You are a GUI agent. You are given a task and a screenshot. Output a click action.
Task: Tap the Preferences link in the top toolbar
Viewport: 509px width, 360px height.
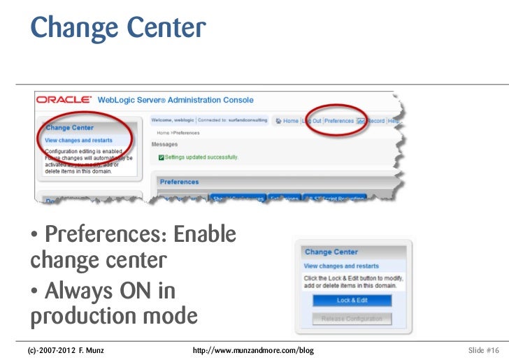[x=339, y=121]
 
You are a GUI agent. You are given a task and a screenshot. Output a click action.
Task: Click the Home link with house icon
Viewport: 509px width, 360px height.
[x=288, y=121]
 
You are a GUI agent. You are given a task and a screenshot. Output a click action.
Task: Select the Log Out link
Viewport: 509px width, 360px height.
[x=312, y=121]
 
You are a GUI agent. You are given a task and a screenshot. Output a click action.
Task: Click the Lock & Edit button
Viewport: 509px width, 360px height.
[x=352, y=301]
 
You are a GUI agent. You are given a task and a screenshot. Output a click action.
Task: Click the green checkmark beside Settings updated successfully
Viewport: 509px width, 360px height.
[x=162, y=157]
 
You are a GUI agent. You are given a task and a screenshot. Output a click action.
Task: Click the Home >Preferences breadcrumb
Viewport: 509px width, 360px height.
[x=178, y=133]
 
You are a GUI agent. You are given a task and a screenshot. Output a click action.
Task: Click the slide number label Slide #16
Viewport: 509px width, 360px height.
[x=483, y=349]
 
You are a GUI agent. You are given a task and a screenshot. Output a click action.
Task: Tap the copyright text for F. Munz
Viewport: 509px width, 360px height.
[x=66, y=349]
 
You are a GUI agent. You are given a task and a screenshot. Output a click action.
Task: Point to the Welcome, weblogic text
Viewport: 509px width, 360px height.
[x=173, y=120]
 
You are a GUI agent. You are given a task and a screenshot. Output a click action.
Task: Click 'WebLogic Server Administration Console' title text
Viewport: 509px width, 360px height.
[x=175, y=101]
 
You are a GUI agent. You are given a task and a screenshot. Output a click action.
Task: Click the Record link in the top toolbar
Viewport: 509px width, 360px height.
[x=375, y=121]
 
